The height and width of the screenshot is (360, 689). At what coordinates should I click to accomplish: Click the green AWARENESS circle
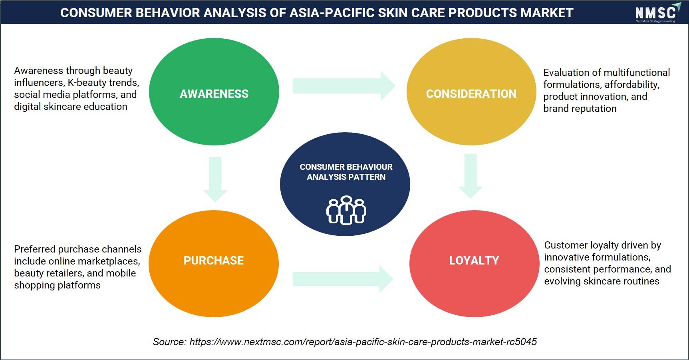tap(214, 91)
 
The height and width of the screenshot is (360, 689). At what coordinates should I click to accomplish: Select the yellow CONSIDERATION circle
tap(471, 91)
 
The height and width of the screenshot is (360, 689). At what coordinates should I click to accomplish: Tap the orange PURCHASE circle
tap(214, 263)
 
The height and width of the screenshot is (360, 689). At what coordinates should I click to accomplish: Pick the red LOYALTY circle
tap(474, 263)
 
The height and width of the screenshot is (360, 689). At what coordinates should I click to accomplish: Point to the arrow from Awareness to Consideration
tap(344, 86)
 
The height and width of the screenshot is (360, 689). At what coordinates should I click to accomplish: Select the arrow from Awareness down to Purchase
tap(215, 179)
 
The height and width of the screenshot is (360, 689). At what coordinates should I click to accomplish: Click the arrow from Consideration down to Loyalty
tap(471, 176)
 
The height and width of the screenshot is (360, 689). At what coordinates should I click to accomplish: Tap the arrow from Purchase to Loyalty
tap(343, 279)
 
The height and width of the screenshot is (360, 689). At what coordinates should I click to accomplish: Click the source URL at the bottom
tap(363, 342)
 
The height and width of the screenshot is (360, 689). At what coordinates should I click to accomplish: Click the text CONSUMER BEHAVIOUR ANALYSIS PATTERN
tap(346, 172)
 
